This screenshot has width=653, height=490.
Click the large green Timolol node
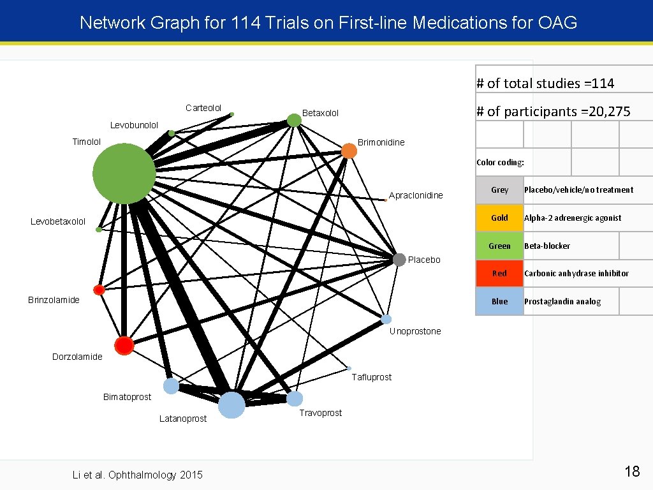[124, 174]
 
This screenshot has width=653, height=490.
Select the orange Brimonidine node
[349, 151]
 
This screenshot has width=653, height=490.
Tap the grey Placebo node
[399, 260]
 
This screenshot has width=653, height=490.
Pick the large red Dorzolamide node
[124, 345]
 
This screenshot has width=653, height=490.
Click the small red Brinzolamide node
[99, 290]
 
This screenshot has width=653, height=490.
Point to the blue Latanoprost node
[231, 405]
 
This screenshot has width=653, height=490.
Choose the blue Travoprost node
[295, 399]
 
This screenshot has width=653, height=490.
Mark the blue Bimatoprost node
[171, 386]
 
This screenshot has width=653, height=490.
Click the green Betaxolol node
[293, 120]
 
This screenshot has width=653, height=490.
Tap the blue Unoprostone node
[386, 319]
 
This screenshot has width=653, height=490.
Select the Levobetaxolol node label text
[58, 222]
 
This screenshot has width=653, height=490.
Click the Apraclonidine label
[416, 195]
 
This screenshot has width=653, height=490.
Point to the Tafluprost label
[372, 377]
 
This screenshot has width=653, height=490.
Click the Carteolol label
[203, 108]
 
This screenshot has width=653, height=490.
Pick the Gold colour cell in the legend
[499, 218]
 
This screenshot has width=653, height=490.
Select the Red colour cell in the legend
[499, 274]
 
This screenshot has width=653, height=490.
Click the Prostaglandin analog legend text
[562, 302]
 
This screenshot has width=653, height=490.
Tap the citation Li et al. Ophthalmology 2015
[138, 475]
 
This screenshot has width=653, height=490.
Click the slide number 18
[632, 471]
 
